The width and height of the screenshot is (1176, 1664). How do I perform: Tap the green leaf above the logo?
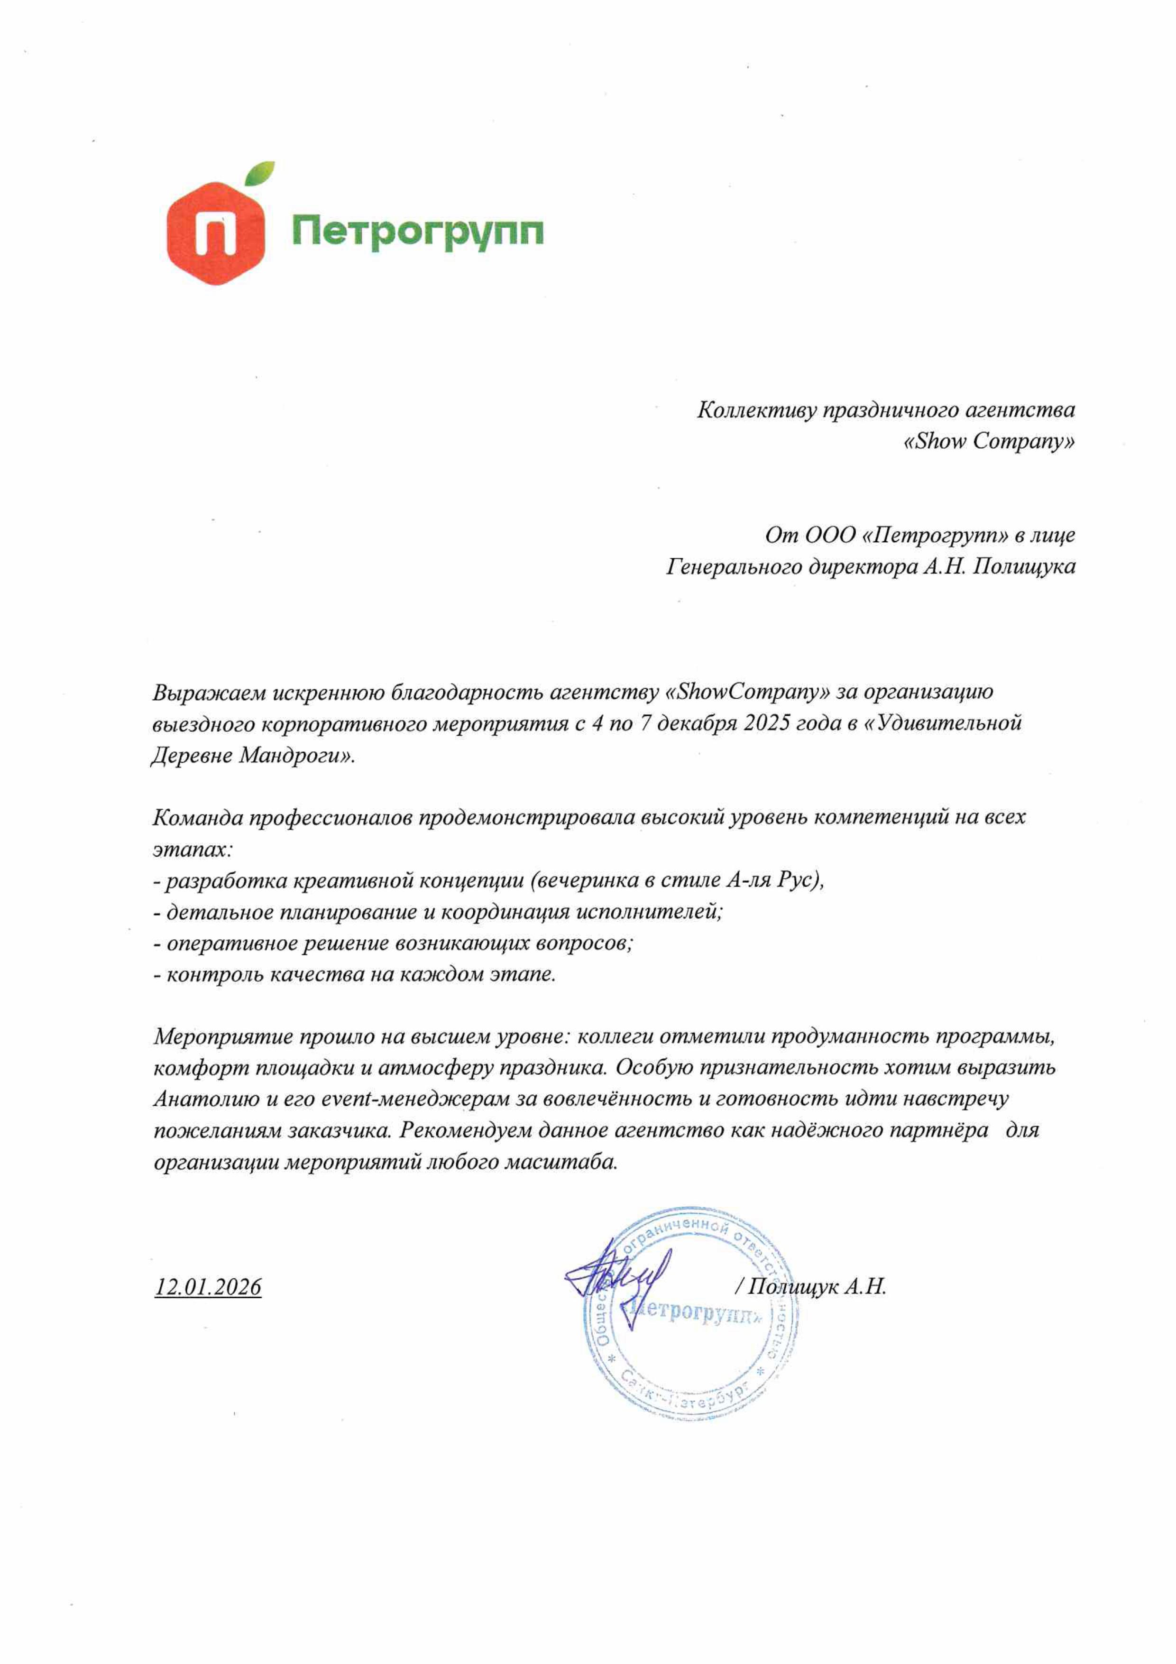[259, 173]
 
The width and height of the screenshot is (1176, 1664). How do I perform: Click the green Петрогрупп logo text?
[417, 232]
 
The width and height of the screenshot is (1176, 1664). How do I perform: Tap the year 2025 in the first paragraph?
[767, 723]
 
